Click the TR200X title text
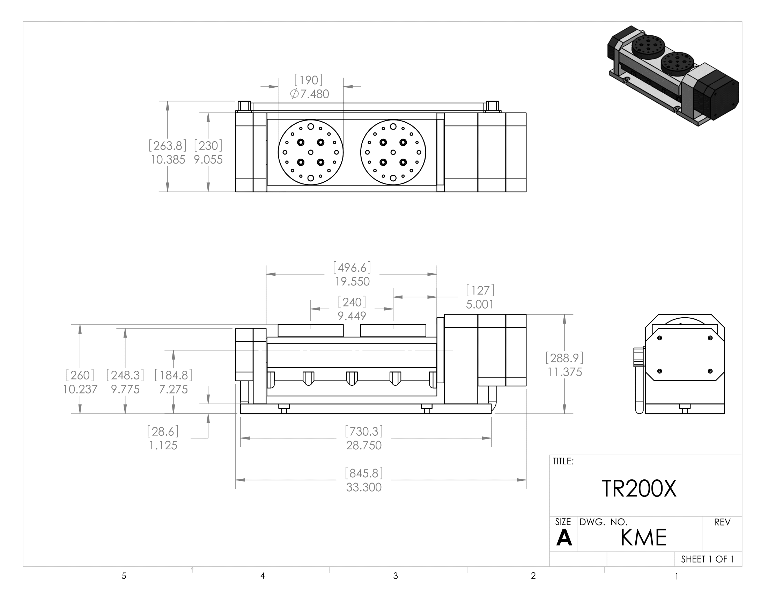(x=639, y=488)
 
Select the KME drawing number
(x=643, y=537)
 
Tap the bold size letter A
(x=564, y=538)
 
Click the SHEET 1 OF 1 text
(x=707, y=559)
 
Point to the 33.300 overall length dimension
(x=364, y=487)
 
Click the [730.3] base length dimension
(x=364, y=431)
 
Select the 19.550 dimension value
(x=352, y=282)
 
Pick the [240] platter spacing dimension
(x=352, y=302)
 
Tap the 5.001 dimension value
(x=480, y=304)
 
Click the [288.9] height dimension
(x=564, y=358)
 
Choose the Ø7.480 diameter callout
(x=309, y=94)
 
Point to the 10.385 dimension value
(x=168, y=160)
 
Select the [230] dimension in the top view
(x=208, y=145)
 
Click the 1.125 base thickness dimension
(x=163, y=445)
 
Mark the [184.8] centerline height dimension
(x=173, y=375)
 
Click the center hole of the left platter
(x=310, y=152)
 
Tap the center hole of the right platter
(x=393, y=152)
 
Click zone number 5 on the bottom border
(x=124, y=576)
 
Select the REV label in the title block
(x=722, y=522)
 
